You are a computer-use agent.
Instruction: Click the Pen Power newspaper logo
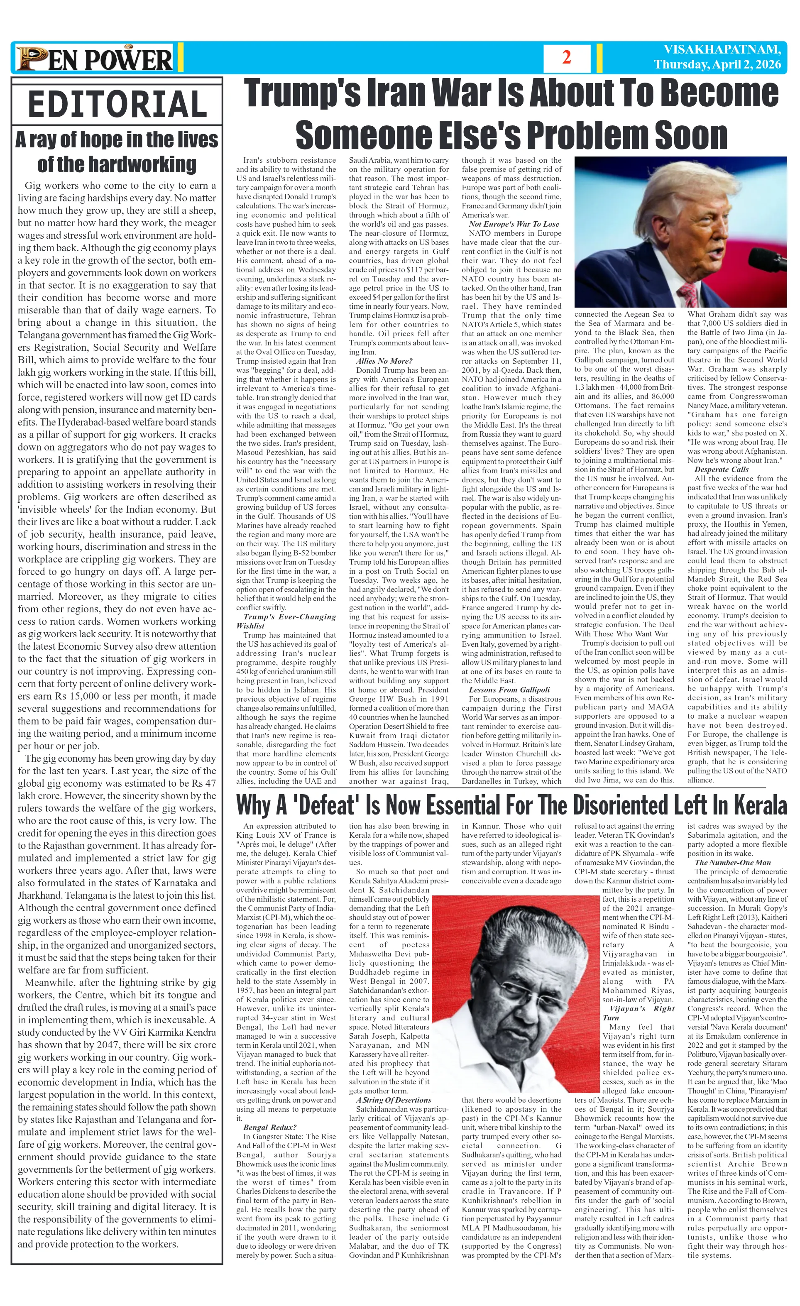(94, 58)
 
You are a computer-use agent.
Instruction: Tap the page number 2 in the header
(566, 58)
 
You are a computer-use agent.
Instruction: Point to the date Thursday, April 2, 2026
(717, 64)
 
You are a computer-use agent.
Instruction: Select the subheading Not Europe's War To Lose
(506, 224)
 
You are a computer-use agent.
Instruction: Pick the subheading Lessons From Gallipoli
(509, 690)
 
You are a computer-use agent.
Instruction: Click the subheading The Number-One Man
(733, 862)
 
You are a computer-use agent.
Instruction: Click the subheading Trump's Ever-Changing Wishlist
(286, 621)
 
